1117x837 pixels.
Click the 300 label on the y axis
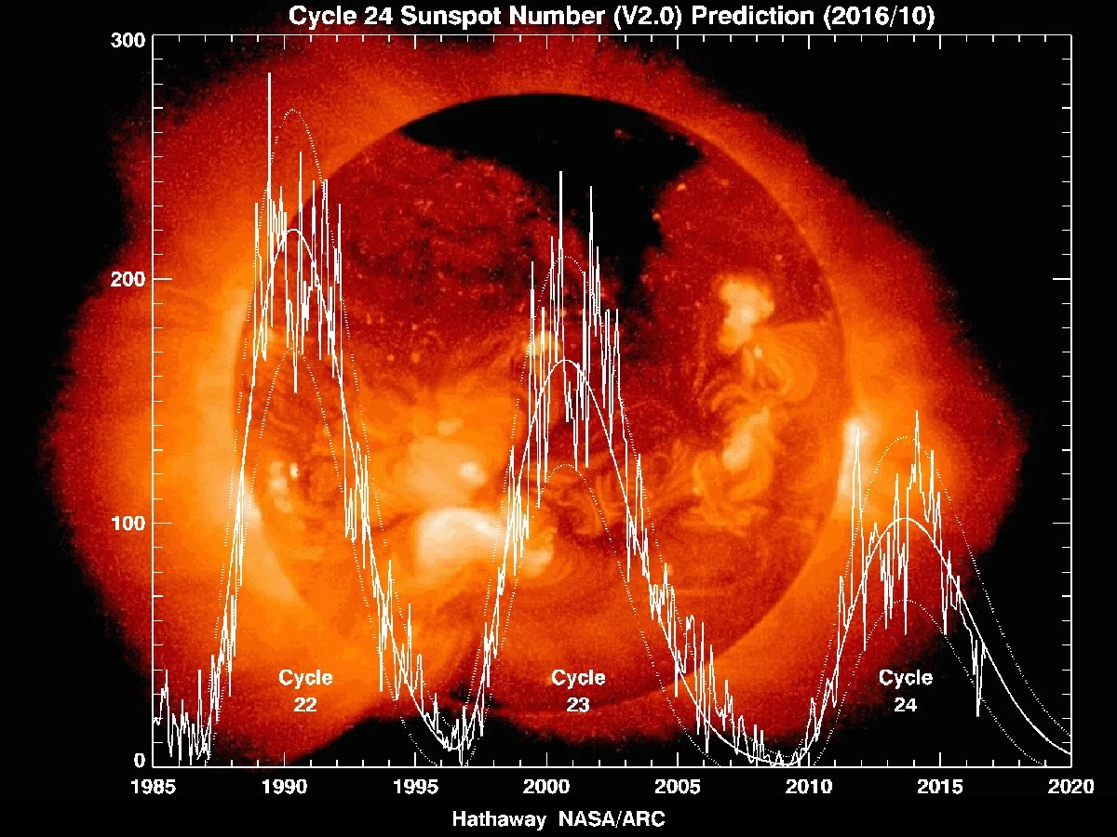click(x=128, y=40)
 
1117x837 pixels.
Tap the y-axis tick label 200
click(x=128, y=279)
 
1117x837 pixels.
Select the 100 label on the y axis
click(x=128, y=523)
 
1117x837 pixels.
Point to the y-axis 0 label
click(x=138, y=761)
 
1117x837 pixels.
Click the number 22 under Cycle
click(x=305, y=706)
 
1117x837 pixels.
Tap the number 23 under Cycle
click(x=578, y=706)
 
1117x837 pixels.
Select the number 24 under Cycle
click(x=906, y=706)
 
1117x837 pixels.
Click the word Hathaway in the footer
click(x=499, y=820)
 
